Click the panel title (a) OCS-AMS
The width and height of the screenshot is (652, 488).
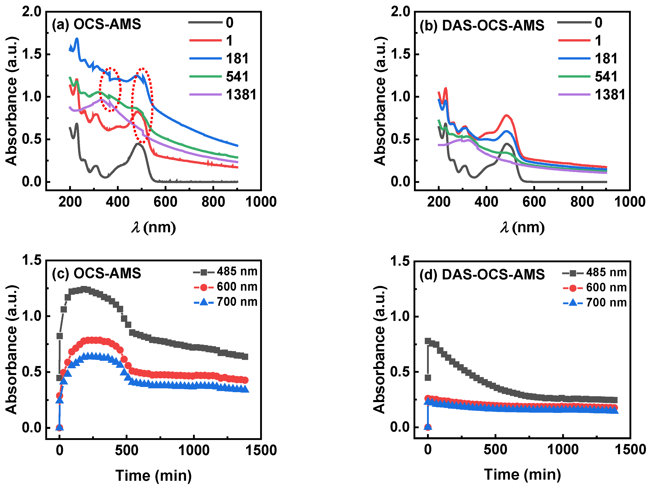[96, 24]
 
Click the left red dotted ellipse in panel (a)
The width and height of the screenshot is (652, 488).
[110, 90]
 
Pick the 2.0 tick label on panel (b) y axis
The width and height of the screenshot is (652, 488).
[400, 12]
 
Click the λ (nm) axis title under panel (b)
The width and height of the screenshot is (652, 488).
[522, 228]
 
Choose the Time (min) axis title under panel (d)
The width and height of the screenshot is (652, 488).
[522, 474]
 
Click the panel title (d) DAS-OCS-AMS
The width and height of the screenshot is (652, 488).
[482, 274]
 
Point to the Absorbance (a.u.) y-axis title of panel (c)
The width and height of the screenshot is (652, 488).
[12, 350]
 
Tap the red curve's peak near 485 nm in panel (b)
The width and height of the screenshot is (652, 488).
[506, 116]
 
